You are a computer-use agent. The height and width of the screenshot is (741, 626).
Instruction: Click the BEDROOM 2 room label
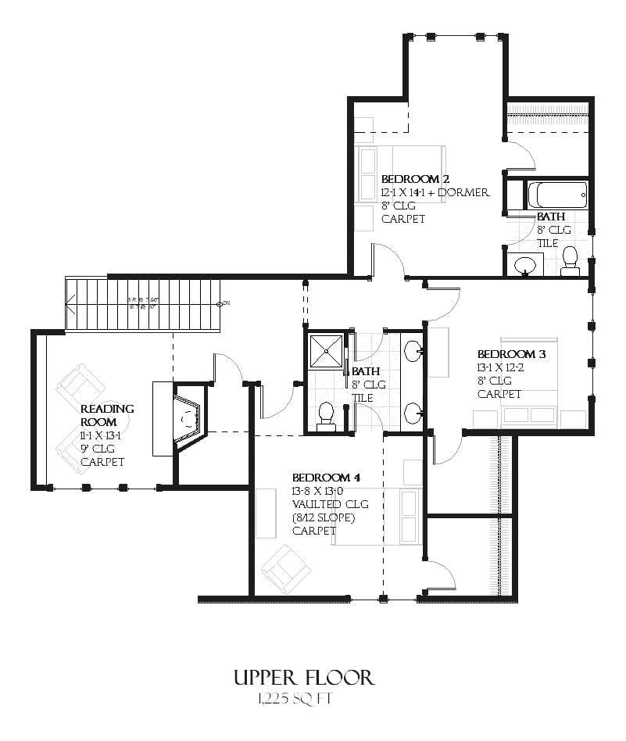click(415, 179)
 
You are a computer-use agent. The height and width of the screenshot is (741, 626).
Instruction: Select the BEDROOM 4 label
click(326, 478)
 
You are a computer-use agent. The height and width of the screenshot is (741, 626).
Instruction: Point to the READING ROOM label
click(107, 415)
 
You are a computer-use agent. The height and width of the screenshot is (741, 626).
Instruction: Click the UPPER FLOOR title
click(304, 677)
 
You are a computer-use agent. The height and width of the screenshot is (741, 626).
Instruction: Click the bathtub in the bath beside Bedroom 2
click(557, 193)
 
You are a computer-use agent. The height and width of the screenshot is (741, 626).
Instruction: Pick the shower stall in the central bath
click(326, 350)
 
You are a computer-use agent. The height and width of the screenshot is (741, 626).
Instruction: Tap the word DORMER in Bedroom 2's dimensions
click(464, 192)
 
